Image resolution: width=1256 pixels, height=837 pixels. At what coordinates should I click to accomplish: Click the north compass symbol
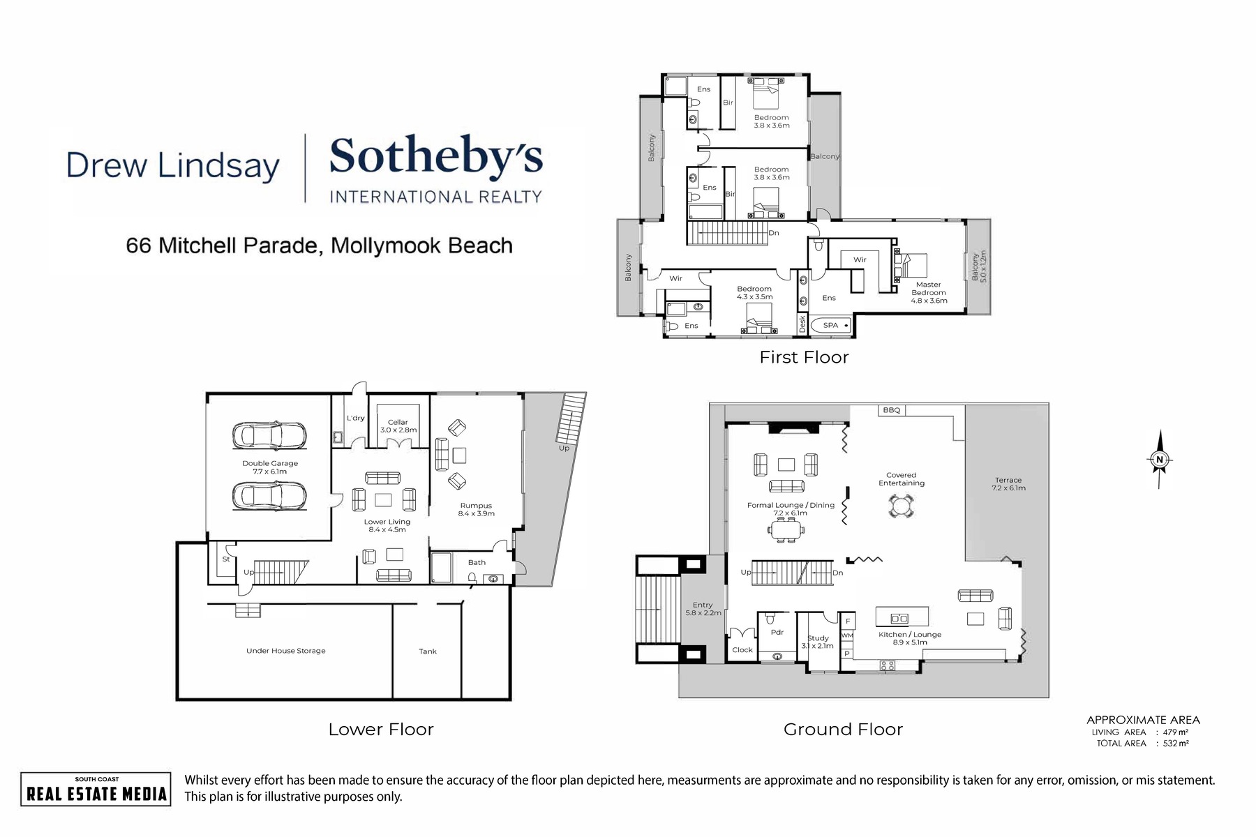(x=1160, y=459)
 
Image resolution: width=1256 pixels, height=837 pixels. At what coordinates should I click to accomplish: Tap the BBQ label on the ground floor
(x=891, y=410)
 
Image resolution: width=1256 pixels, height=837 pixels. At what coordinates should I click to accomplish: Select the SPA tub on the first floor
(x=831, y=325)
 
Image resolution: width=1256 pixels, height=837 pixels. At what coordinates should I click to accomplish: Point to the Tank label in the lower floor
(x=428, y=651)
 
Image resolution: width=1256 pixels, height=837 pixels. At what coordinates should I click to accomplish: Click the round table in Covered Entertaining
(x=901, y=506)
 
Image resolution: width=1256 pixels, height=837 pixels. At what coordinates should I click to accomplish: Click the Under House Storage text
(x=286, y=651)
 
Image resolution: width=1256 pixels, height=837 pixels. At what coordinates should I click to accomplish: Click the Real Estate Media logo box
(x=96, y=789)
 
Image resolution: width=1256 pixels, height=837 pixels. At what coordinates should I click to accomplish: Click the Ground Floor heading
(x=843, y=730)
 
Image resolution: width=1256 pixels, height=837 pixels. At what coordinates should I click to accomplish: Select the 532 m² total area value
(x=1176, y=744)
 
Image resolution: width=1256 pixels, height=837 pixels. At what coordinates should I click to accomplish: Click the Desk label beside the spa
(x=802, y=324)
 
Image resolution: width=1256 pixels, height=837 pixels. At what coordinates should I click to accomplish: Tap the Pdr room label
(x=777, y=633)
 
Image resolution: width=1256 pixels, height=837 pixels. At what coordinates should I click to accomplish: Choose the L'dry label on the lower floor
(x=356, y=418)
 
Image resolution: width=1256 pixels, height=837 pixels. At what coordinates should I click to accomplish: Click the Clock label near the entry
(x=742, y=650)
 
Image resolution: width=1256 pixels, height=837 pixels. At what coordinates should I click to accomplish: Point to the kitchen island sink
(x=900, y=618)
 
